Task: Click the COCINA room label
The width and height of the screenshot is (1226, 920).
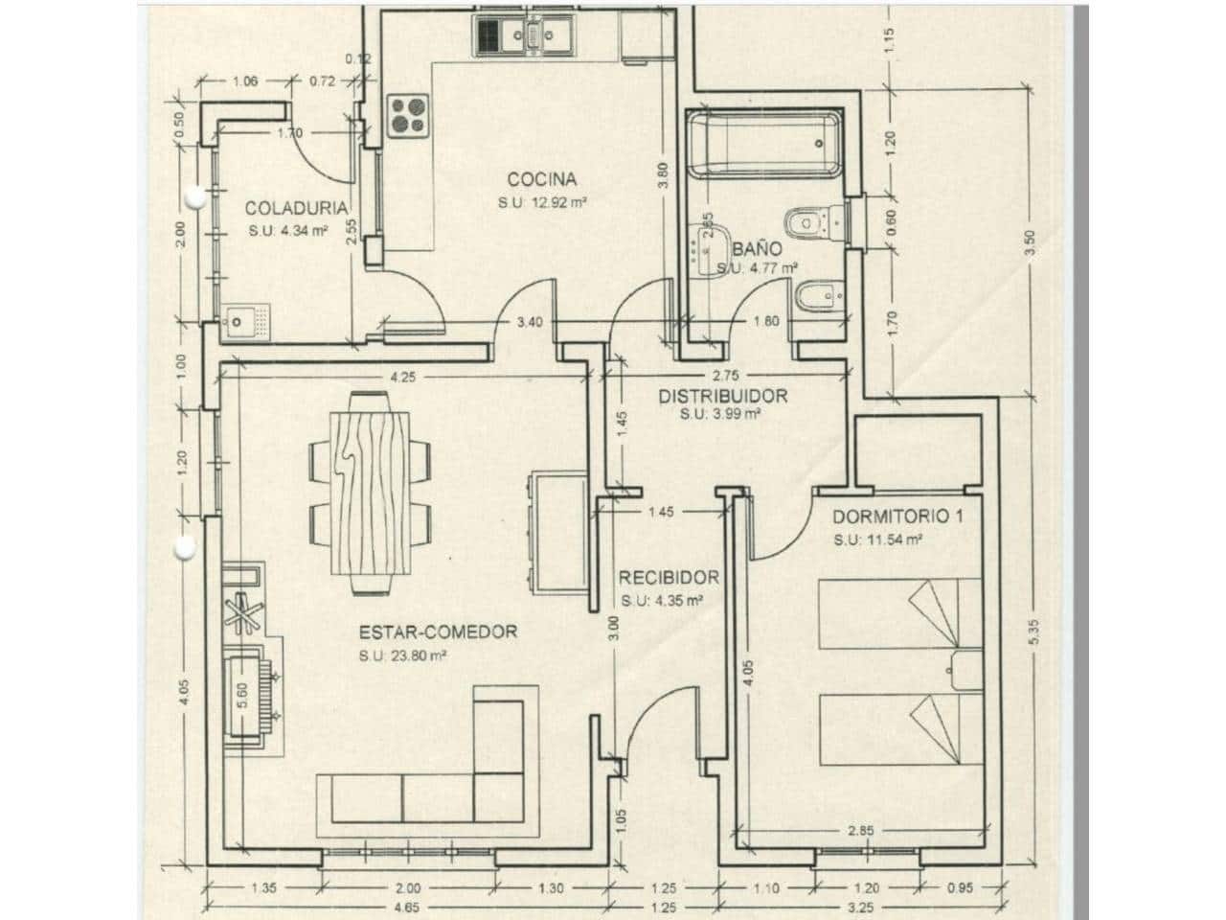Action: (541, 179)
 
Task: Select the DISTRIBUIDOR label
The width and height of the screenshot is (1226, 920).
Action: (722, 396)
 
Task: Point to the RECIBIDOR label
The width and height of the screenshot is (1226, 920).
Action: (668, 578)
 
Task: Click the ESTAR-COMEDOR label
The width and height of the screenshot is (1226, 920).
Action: (438, 632)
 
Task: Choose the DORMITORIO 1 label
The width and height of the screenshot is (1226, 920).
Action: (897, 517)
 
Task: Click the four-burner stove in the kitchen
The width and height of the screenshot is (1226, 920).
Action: (407, 115)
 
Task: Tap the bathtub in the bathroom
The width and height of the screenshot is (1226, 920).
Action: (764, 144)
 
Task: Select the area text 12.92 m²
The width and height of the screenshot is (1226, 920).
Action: (541, 202)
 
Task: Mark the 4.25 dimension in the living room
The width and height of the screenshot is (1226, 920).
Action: (403, 377)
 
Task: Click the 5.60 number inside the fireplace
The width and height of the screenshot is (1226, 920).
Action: (242, 695)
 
